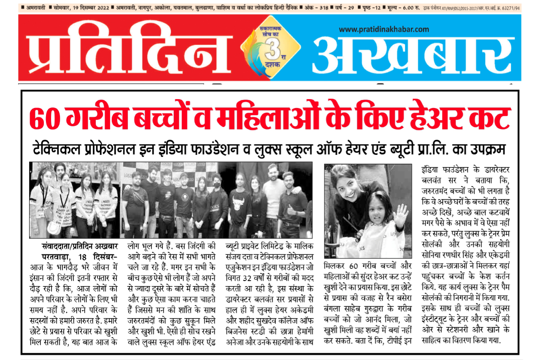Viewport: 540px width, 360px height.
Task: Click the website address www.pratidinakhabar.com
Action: click(383, 29)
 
